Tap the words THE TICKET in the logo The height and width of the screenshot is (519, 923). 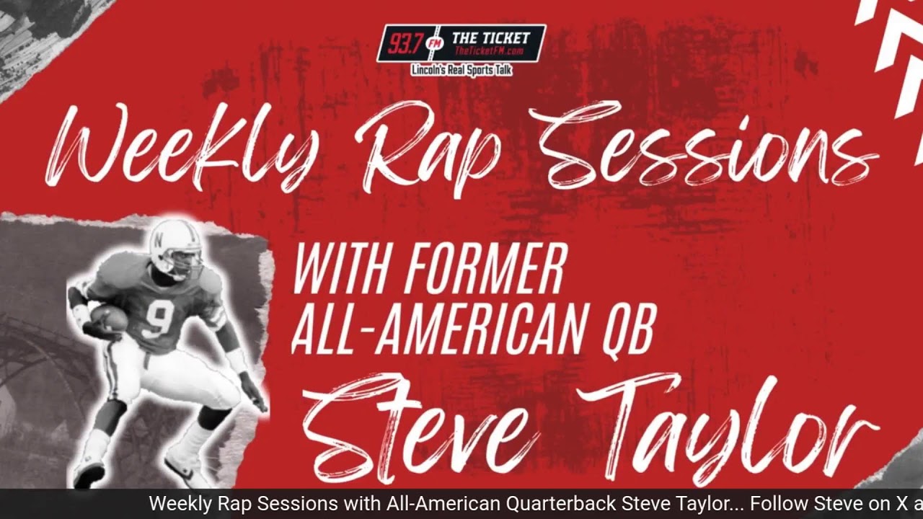coord(490,37)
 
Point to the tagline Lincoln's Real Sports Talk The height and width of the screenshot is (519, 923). coord(461,71)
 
